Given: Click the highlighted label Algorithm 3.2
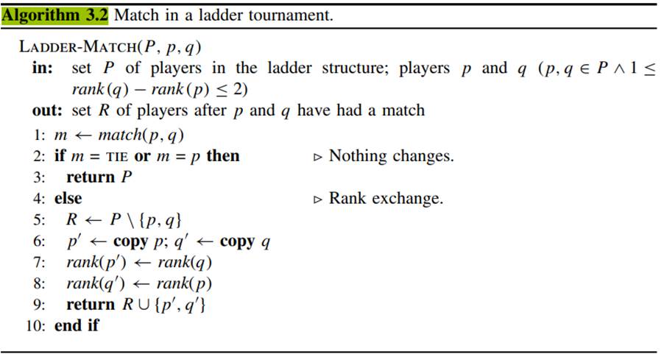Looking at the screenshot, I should pyautogui.click(x=55, y=14).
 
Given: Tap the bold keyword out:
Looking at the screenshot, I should pyautogui.click(x=47, y=110).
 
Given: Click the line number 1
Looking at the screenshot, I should pyautogui.click(x=38, y=135).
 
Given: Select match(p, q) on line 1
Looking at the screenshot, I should pyautogui.click(x=141, y=135).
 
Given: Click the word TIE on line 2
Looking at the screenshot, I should pyautogui.click(x=114, y=156).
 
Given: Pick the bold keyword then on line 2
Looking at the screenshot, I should pyautogui.click(x=222, y=156).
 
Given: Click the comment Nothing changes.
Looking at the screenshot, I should pyautogui.click(x=391, y=156).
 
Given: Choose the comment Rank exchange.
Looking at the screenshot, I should pyautogui.click(x=386, y=199).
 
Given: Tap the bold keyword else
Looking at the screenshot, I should pyautogui.click(x=68, y=199).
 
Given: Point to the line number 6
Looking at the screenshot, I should pyautogui.click(x=38, y=241).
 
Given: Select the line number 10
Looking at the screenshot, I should pyautogui.click(x=35, y=325).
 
